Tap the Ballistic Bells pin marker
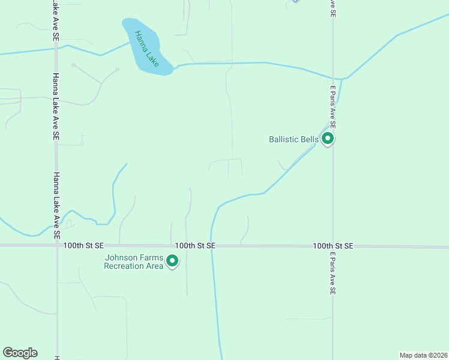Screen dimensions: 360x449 point(328,139)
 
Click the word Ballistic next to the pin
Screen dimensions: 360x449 point(284,140)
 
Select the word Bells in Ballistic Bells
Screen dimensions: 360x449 point(310,140)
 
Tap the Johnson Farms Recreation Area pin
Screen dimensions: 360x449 point(173,261)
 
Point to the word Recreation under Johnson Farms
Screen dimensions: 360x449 point(125,266)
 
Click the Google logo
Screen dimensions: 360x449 point(20,353)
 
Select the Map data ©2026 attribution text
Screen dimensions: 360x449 point(423,355)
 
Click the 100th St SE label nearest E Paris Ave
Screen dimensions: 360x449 point(333,246)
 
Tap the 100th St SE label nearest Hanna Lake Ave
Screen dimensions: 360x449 point(83,246)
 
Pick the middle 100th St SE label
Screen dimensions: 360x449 point(195,246)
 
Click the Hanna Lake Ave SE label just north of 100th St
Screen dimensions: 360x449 point(56,203)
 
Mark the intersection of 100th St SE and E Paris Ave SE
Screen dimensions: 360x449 point(333,246)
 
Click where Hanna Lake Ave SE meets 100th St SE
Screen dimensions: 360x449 point(57,245)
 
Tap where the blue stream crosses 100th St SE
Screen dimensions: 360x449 point(212,246)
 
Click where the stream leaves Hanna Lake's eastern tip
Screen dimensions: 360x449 point(174,68)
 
